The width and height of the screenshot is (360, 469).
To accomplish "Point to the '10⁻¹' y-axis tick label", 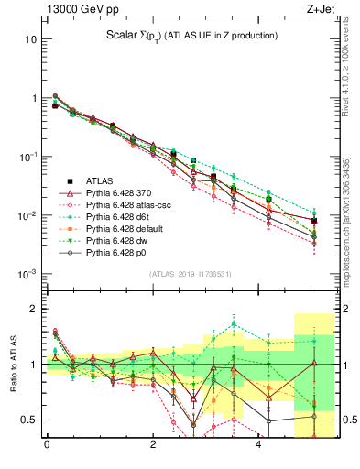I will pyautogui.click(x=27, y=157).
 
